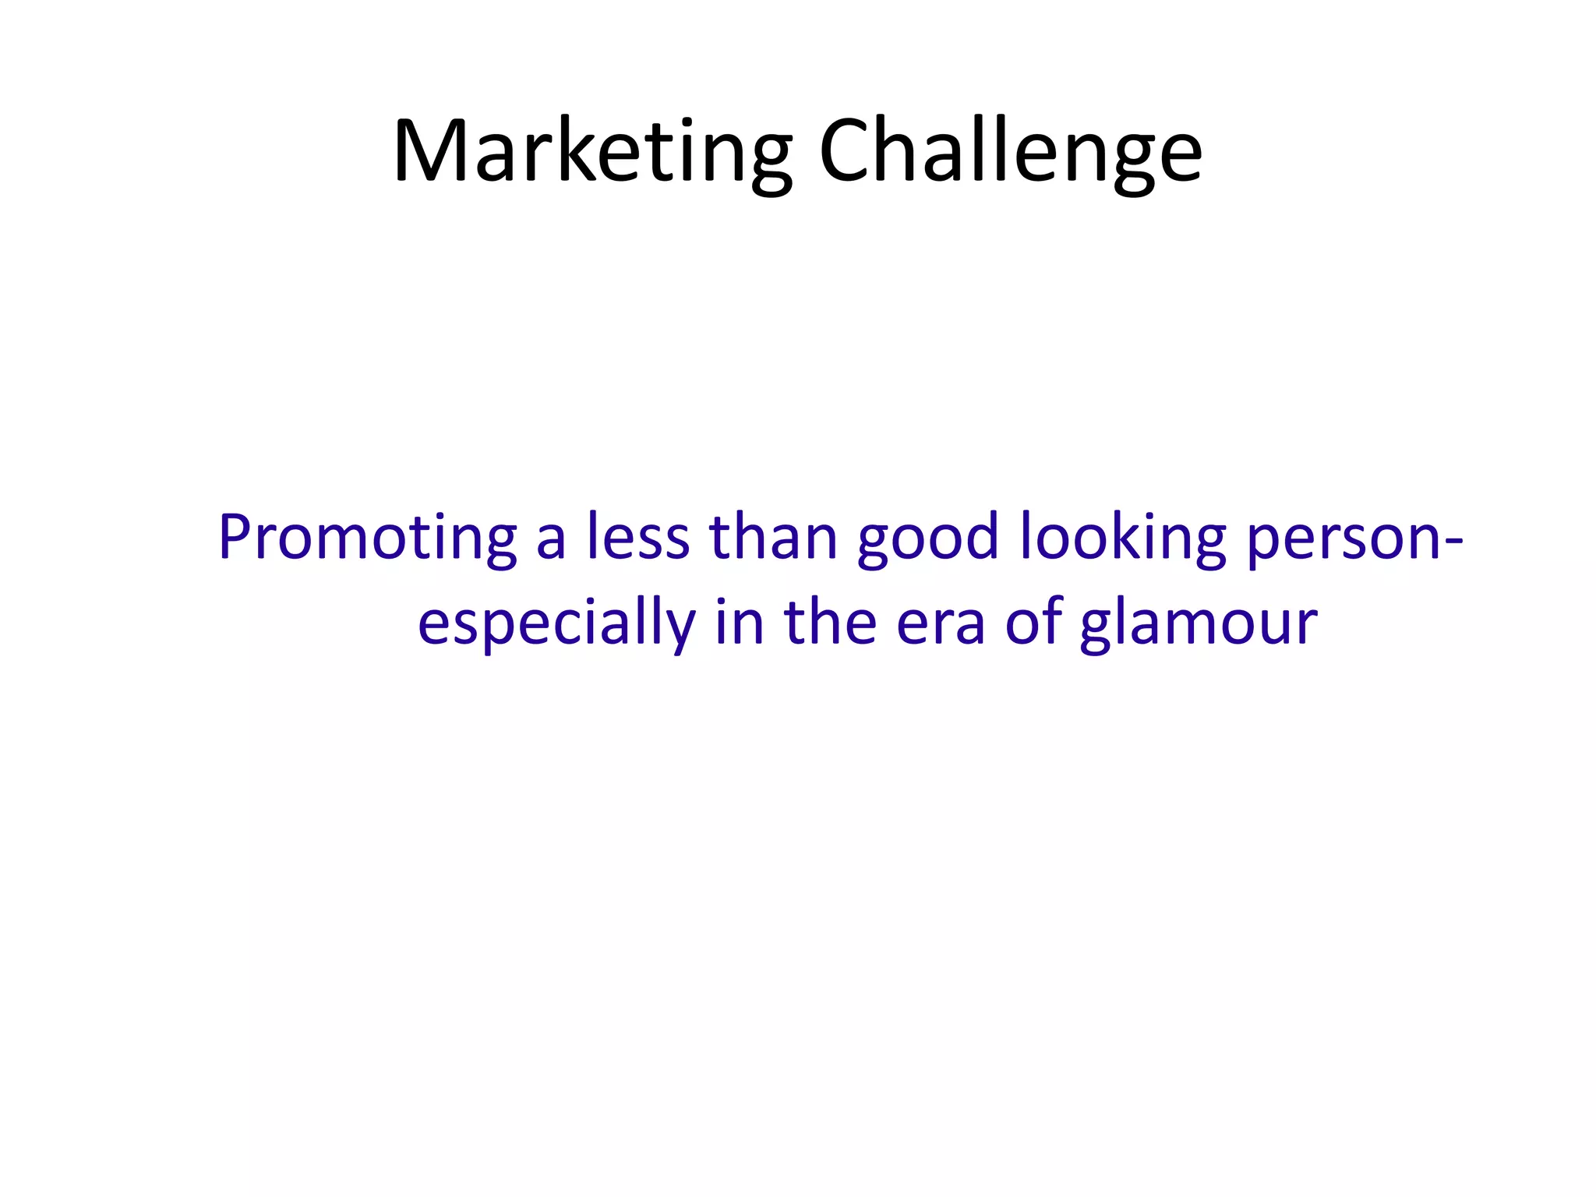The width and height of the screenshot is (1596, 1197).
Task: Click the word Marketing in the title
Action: tap(592, 152)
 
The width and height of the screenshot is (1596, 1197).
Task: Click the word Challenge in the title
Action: tap(1010, 152)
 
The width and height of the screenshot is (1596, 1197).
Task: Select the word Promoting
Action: tap(367, 538)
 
